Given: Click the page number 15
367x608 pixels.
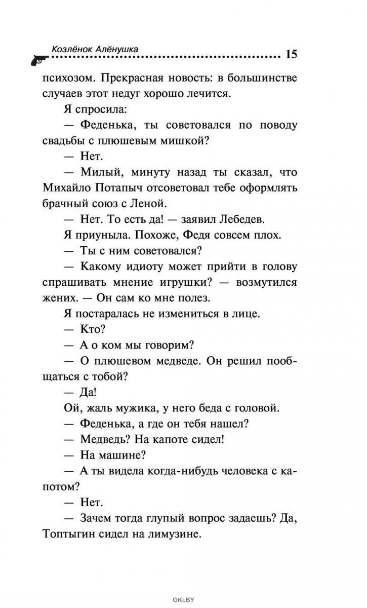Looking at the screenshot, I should coord(291,55).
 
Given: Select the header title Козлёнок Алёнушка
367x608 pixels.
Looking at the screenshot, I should coord(95,49).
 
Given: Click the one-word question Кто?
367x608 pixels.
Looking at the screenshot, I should coord(92,329).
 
